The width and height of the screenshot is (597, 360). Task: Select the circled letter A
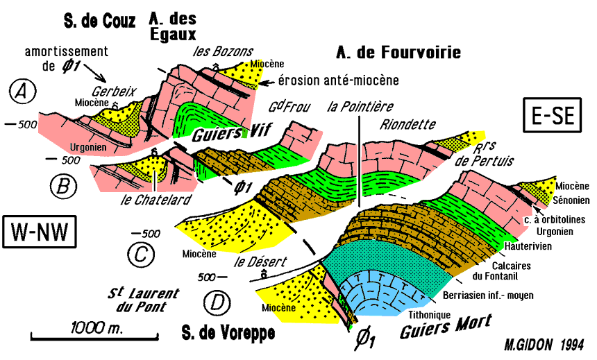click(23, 90)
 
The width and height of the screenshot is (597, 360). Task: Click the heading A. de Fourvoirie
click(398, 53)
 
